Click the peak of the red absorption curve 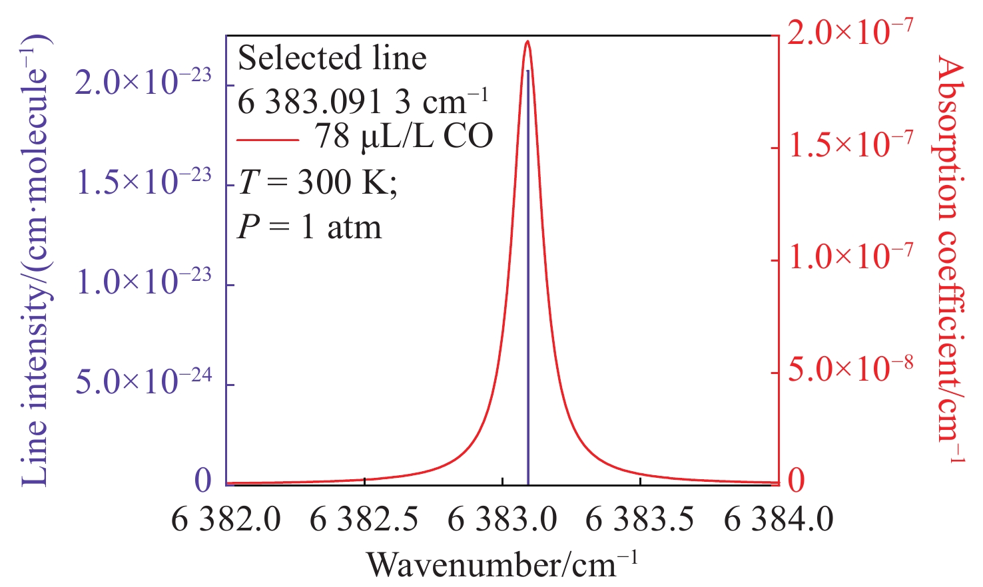[527, 41]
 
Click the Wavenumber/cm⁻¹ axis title [502, 564]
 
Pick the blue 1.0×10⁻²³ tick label [143, 282]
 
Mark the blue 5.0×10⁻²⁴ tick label [143, 383]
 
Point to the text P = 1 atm [310, 228]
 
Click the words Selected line [332, 59]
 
